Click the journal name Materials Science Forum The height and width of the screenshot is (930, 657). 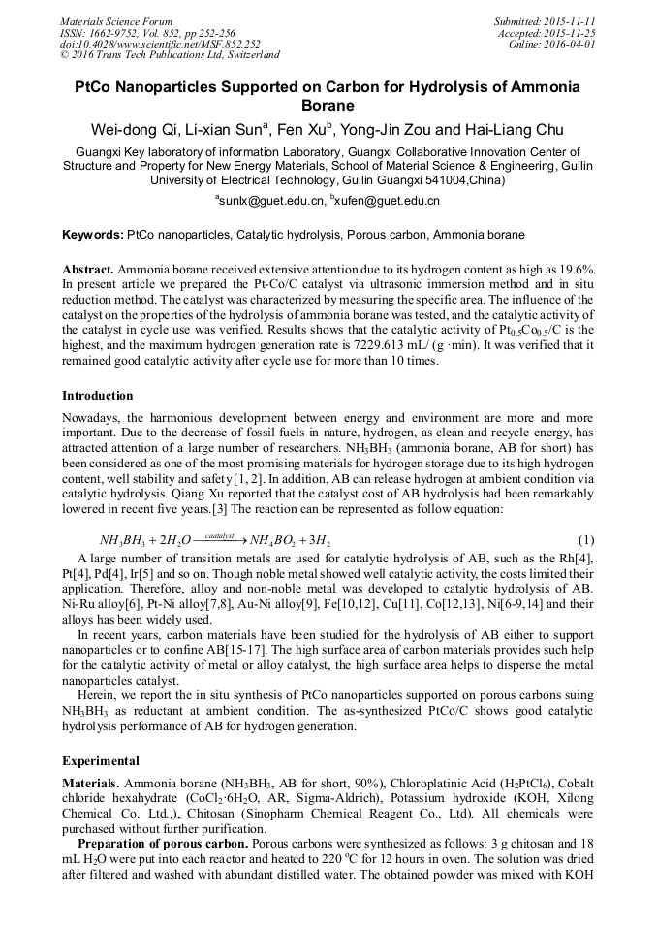coord(116,21)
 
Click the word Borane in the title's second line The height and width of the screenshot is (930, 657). coord(328,105)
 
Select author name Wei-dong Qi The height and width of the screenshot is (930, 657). coord(131,129)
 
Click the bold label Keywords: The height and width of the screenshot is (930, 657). coord(92,235)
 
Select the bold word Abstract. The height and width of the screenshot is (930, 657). coord(88,268)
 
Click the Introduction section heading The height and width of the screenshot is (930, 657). coord(98,396)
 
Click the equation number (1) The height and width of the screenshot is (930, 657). coord(585,539)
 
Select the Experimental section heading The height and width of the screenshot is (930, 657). coord(101,761)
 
